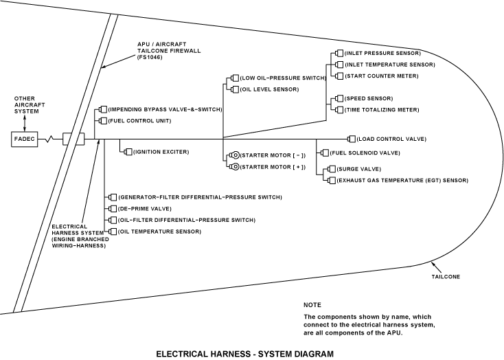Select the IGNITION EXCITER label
pyautogui.click(x=161, y=151)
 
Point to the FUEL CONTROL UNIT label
pyautogui.click(x=139, y=121)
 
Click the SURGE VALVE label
pyautogui.click(x=358, y=169)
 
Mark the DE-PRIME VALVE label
pyautogui.click(x=142, y=208)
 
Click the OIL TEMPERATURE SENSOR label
pyautogui.click(x=160, y=232)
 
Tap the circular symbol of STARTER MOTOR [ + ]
pyautogui.click(x=234, y=166)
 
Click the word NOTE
pyautogui.click(x=312, y=304)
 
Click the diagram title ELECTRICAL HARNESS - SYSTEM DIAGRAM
pyautogui.click(x=244, y=354)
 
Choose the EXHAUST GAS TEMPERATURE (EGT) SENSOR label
pyautogui.click(x=402, y=180)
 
